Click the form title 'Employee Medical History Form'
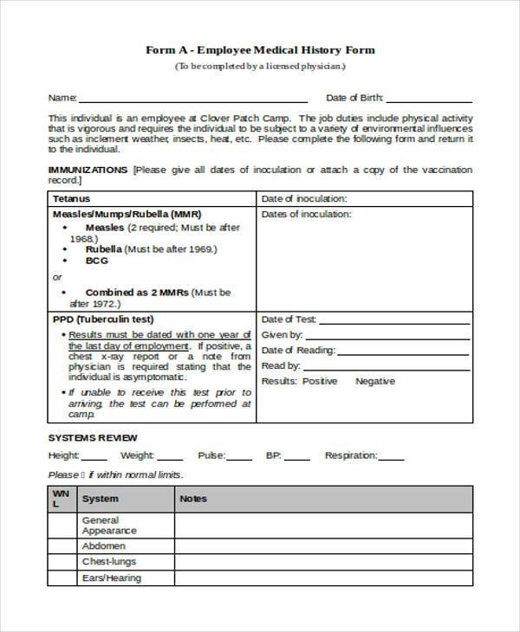(260, 50)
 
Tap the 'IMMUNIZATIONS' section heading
(88, 170)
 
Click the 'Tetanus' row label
(70, 198)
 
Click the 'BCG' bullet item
(96, 260)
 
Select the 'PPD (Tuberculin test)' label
(98, 319)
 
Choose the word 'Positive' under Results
(320, 381)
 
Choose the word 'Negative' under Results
(375, 381)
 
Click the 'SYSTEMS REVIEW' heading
(93, 437)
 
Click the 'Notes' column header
(193, 499)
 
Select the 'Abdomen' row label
(104, 546)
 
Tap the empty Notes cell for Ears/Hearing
(323, 577)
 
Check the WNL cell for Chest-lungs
(61, 562)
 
